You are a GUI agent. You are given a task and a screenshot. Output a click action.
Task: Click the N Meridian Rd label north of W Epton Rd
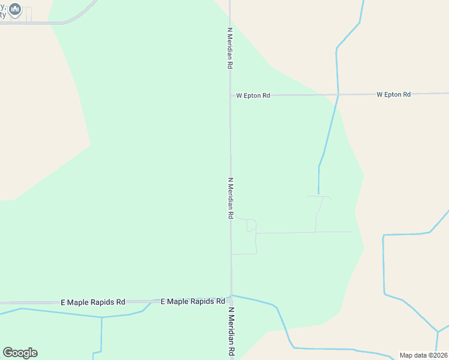coord(229,48)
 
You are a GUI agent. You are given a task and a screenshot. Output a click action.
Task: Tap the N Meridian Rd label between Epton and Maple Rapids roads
coord(230,198)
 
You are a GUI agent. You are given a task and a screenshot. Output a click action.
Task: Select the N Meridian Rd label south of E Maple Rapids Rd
coord(231,333)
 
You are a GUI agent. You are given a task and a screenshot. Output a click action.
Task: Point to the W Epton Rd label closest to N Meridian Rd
coord(253,95)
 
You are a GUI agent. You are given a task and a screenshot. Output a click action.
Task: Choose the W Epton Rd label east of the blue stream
coord(393,95)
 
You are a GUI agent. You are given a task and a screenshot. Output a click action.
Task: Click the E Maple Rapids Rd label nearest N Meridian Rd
coord(193,301)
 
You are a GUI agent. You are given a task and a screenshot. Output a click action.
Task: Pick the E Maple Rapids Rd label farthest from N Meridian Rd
coord(93,302)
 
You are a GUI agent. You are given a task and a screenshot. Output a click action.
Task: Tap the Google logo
coord(20,353)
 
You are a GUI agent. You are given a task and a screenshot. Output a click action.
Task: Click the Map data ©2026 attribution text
coord(424,355)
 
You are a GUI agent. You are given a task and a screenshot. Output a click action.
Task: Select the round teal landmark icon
coord(15,10)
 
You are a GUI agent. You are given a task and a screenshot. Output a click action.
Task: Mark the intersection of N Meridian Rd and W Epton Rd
coord(230,95)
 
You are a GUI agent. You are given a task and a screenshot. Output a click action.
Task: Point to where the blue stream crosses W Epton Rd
coord(339,94)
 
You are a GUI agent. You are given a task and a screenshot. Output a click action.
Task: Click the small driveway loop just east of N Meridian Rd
coord(252,226)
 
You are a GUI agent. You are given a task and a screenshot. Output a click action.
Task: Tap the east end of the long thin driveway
coord(353,232)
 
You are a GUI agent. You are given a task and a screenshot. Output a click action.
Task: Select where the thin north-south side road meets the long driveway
coord(316,232)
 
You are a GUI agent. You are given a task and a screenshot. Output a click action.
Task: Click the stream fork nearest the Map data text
coord(438,331)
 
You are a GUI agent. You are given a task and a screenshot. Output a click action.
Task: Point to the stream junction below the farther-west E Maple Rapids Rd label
coord(102,317)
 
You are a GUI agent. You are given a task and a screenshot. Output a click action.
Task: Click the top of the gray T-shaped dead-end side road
coord(319,196)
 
